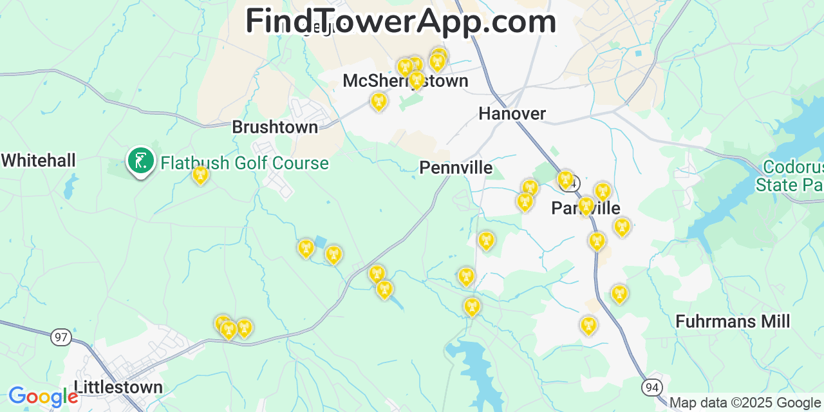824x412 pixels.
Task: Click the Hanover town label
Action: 512,114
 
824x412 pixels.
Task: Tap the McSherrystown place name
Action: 405,81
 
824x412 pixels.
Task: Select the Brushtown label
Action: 275,127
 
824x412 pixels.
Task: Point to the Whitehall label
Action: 39,160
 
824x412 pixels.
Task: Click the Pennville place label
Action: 456,168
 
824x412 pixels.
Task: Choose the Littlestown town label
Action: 118,388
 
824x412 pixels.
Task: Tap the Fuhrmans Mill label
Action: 733,321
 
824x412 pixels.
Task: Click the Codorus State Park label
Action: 792,176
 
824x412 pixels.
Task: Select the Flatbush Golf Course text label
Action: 245,164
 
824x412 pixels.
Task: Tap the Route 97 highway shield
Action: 61,337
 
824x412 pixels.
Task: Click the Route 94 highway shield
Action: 651,387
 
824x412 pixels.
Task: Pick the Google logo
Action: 42,397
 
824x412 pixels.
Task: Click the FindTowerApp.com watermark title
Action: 400,21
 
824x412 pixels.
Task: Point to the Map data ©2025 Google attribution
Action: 745,403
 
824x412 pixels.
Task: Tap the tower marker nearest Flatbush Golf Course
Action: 200,174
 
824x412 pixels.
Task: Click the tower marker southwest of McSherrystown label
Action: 379,101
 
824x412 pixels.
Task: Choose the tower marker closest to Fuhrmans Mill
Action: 619,294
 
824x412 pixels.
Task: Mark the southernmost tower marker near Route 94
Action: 588,325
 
